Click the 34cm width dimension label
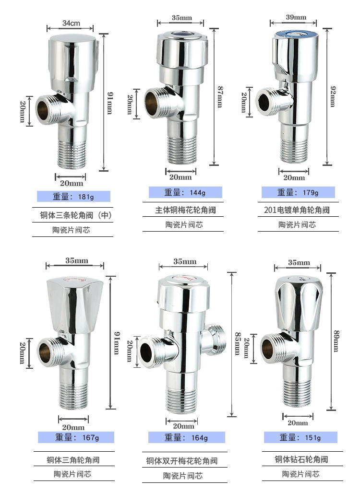(x=71, y=23)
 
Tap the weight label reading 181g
(x=73, y=196)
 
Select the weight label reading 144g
(x=185, y=193)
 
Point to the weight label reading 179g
(x=298, y=193)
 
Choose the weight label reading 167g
(x=76, y=437)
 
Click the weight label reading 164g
(x=186, y=437)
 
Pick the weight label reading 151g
(x=300, y=437)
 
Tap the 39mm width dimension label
(x=296, y=17)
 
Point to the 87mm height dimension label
(x=220, y=96)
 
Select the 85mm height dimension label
(x=237, y=343)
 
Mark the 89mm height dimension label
(x=336, y=341)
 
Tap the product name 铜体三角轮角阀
(x=73, y=459)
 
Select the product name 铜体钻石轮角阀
(x=301, y=459)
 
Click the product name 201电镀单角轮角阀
(x=297, y=210)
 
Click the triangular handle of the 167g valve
(x=75, y=307)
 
